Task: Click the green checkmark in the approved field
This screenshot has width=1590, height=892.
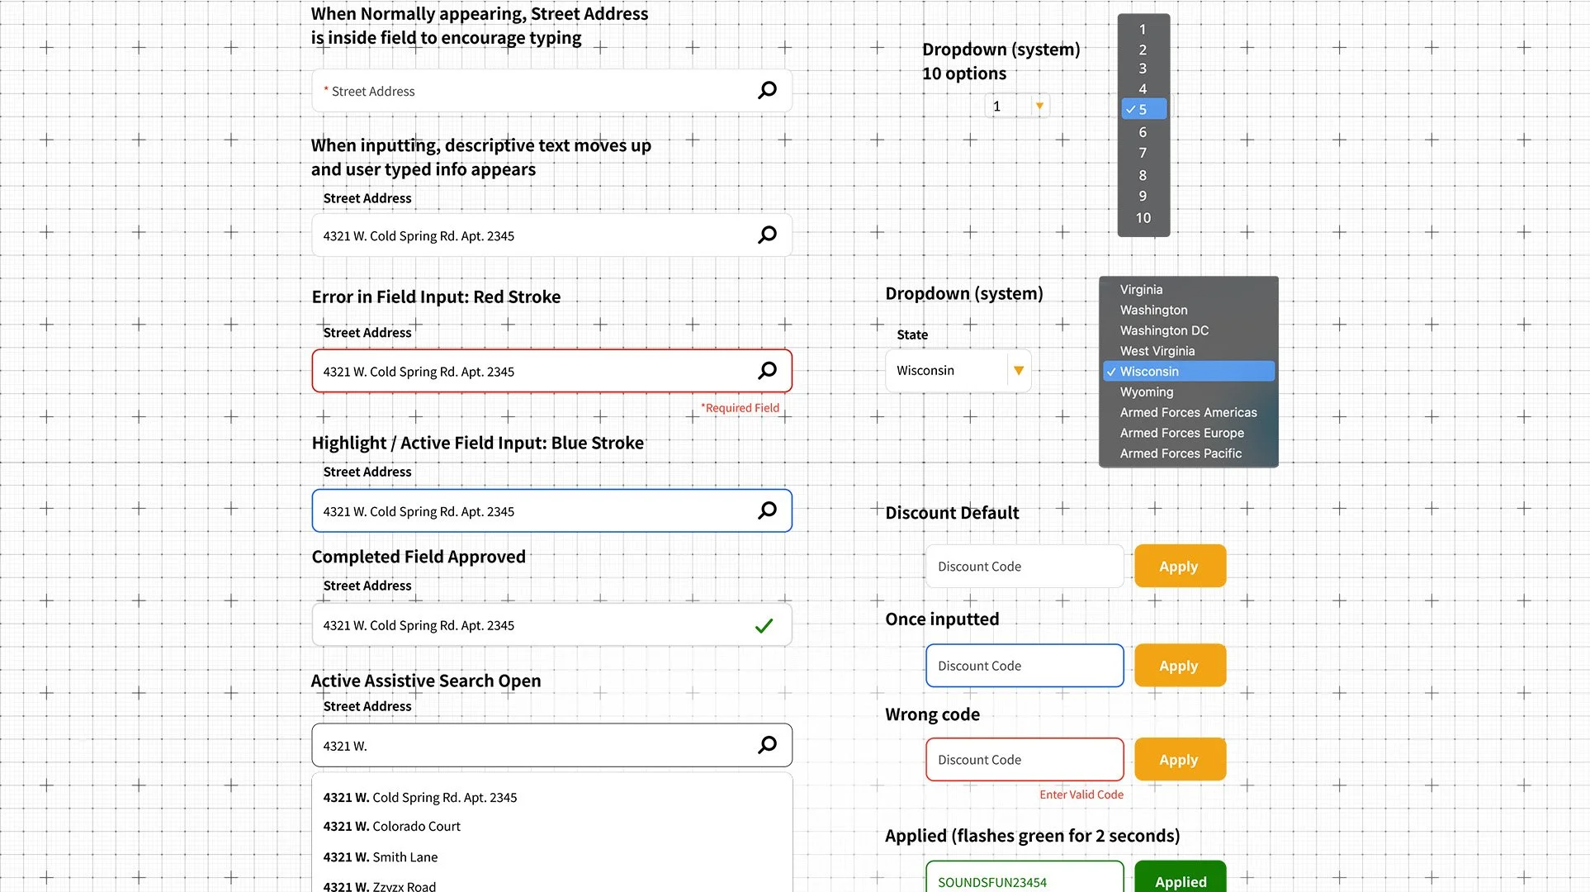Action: (x=764, y=626)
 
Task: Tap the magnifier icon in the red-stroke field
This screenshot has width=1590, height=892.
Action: (x=767, y=371)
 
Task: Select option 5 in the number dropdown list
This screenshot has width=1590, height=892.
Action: (x=1143, y=109)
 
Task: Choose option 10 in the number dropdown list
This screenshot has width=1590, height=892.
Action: (x=1143, y=218)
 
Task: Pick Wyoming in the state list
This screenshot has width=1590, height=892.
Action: (x=1146, y=392)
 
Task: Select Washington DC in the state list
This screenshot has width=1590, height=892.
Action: (x=1164, y=330)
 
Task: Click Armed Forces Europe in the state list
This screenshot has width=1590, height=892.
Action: (x=1181, y=433)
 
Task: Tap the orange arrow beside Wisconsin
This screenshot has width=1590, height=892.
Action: (x=1019, y=371)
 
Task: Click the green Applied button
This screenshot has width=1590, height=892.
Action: (x=1180, y=880)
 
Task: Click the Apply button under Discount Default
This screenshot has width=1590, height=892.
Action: (x=1179, y=567)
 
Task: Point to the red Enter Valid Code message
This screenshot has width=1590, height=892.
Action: (x=1081, y=795)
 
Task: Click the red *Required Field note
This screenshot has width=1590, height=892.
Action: (x=740, y=408)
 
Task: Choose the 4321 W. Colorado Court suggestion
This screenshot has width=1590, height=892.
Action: (x=391, y=827)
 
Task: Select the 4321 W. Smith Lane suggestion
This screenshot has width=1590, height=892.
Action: (x=380, y=857)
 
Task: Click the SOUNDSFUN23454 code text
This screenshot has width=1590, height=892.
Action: (x=991, y=882)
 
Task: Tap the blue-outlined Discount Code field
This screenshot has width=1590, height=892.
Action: (x=1024, y=666)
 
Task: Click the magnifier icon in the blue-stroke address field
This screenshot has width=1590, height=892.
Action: (x=767, y=510)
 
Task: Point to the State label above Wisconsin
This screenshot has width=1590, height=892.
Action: (x=912, y=334)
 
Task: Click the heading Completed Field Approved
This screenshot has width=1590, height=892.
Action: (x=419, y=557)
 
